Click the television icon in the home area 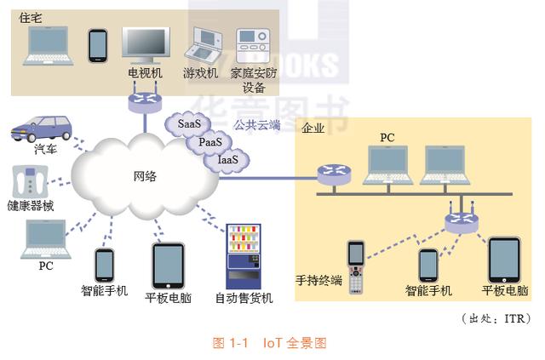click(x=145, y=45)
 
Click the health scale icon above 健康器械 click(x=31, y=181)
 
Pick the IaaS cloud click(x=227, y=158)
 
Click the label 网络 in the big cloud click(x=144, y=176)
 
